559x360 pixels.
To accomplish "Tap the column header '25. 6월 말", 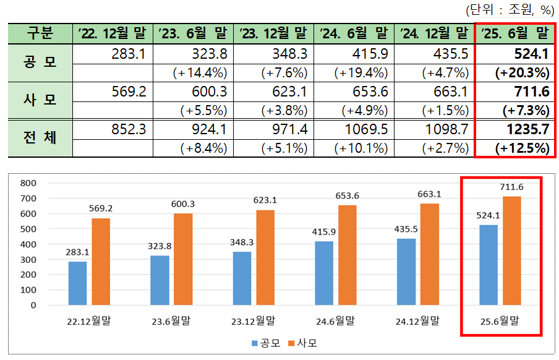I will click(514, 33).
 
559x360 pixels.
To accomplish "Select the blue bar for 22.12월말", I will click(77, 283).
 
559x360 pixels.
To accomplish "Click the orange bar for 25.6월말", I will click(511, 251).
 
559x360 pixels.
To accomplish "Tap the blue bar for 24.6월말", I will click(323, 273).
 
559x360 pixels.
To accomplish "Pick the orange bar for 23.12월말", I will click(266, 257).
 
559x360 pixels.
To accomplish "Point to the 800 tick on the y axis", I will click(28, 183).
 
